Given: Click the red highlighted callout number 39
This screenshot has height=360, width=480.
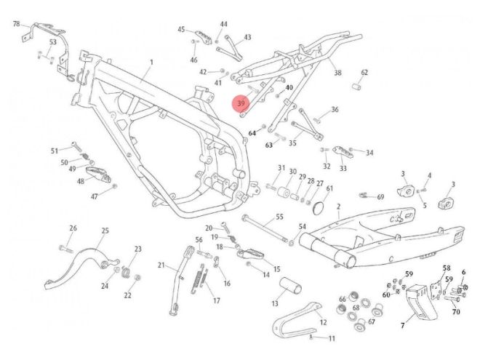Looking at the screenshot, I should coord(241,105).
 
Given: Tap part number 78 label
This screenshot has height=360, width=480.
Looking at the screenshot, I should coord(17,24).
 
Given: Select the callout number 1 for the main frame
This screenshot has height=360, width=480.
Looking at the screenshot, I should coord(151,63).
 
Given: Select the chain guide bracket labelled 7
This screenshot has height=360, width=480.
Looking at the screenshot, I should coord(418,305).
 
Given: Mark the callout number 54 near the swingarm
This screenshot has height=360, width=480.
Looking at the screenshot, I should coord(302,228).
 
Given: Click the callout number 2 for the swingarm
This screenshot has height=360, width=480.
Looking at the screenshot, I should coord(338,207).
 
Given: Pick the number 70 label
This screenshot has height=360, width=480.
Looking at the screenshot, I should coord(456,313).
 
